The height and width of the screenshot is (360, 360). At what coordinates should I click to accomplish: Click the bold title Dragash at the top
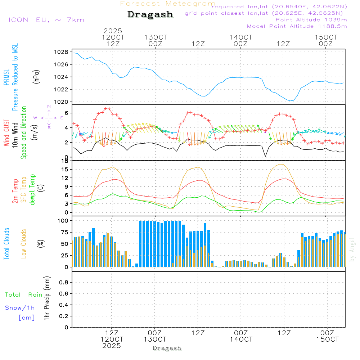pyautogui.click(x=150, y=15)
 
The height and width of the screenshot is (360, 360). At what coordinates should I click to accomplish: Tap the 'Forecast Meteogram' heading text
pyautogui.click(x=168, y=4)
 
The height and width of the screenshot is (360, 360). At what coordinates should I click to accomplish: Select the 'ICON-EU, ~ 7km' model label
pyautogui.click(x=46, y=20)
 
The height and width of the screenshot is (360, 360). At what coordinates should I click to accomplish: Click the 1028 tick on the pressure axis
pyautogui.click(x=62, y=52)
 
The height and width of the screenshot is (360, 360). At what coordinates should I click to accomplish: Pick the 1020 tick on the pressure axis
pyautogui.click(x=62, y=102)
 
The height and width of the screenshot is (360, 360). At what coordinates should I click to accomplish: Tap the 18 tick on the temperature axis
pyautogui.click(x=64, y=161)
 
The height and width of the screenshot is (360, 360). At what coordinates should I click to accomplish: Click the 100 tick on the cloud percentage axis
pyautogui.click(x=63, y=220)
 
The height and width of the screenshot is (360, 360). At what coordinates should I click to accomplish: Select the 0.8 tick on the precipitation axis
pyautogui.click(x=64, y=283)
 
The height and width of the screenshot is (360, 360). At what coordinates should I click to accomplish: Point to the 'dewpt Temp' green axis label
pyautogui.click(x=33, y=189)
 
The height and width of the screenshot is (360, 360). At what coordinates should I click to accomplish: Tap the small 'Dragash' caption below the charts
pyautogui.click(x=167, y=348)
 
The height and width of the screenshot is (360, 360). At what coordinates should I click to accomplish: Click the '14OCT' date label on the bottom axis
pyautogui.click(x=241, y=339)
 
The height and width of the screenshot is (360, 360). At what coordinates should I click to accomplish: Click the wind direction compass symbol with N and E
pyautogui.click(x=49, y=117)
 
